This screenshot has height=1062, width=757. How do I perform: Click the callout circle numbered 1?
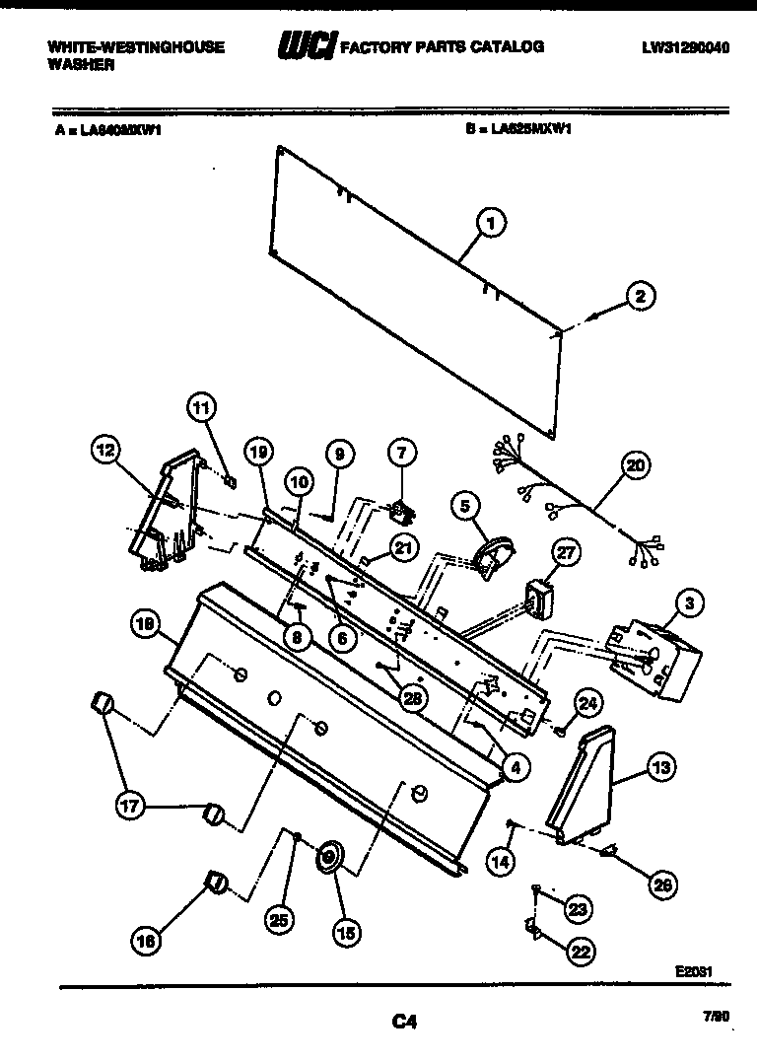(490, 225)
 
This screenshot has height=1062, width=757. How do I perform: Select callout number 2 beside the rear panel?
(640, 296)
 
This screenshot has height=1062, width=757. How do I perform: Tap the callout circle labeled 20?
(636, 465)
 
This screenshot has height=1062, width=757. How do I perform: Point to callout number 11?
(201, 407)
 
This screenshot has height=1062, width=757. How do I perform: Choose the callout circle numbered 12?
(104, 451)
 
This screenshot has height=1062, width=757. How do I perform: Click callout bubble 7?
(401, 454)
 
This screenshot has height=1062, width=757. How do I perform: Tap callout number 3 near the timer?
(690, 602)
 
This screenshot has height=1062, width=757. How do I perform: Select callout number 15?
(346, 929)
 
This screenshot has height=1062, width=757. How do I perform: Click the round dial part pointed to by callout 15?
(329, 856)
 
